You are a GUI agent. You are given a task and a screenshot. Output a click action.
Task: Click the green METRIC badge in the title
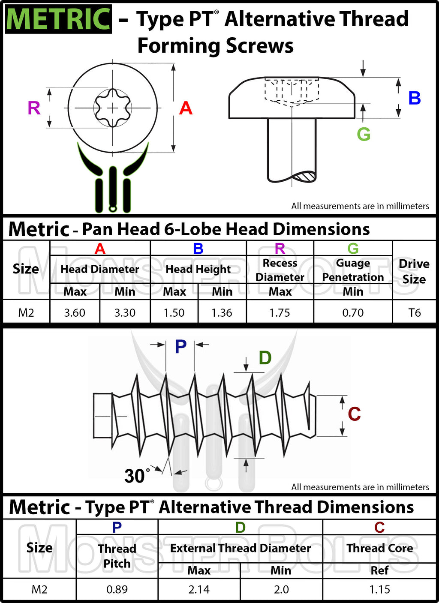click(58, 19)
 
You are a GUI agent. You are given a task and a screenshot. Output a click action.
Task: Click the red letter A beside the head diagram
click(186, 108)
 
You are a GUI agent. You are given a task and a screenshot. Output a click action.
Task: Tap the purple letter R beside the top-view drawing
click(34, 108)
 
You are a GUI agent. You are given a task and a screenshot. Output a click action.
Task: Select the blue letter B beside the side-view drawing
click(414, 98)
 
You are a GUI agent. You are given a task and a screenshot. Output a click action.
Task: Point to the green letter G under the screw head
click(364, 135)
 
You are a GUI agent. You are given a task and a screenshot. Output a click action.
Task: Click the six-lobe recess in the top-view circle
click(113, 108)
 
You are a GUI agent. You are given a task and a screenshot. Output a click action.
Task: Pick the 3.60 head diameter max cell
click(75, 313)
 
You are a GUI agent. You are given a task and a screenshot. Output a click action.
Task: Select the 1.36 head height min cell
click(222, 313)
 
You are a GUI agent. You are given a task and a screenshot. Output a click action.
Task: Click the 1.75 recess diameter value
click(280, 313)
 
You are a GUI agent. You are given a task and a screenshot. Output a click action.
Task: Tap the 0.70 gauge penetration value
click(353, 313)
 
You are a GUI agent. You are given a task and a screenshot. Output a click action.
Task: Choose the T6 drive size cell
click(414, 313)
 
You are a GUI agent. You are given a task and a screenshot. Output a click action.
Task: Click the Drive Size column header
click(414, 271)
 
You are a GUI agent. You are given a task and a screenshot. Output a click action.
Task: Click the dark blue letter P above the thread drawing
click(180, 346)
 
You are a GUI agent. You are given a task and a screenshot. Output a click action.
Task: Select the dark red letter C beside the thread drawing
click(354, 414)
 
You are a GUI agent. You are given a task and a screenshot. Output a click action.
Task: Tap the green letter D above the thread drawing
click(265, 358)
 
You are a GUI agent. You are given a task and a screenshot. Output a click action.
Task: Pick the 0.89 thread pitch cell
click(117, 590)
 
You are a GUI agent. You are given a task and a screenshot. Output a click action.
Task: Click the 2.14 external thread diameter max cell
click(199, 590)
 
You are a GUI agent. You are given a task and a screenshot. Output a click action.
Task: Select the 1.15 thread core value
click(379, 590)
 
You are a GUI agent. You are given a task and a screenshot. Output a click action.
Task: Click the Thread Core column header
click(379, 548)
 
